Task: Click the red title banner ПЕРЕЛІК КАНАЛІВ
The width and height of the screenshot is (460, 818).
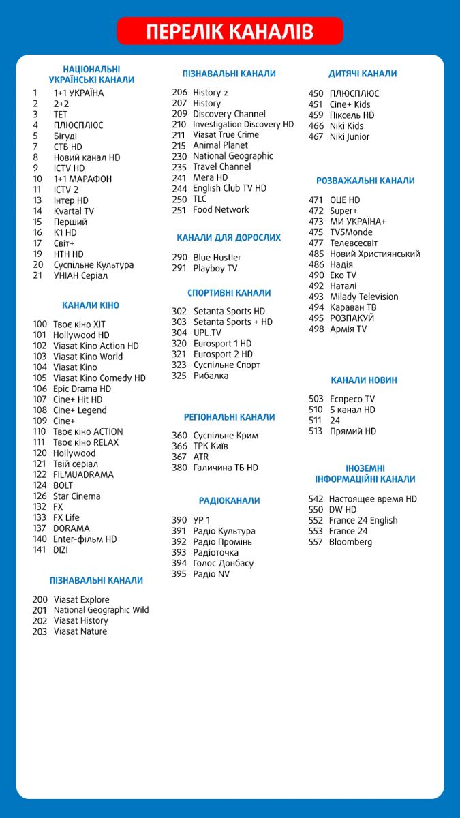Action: click(x=230, y=31)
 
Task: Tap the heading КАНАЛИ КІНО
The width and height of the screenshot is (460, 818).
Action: click(x=91, y=305)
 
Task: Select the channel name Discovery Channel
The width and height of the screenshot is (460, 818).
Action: click(x=229, y=114)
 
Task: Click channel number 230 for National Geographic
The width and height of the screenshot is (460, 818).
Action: click(x=179, y=156)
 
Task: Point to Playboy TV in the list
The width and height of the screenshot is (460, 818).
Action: click(x=215, y=269)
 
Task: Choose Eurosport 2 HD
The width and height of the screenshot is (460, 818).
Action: click(x=223, y=354)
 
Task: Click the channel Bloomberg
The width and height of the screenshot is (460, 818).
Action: click(x=350, y=542)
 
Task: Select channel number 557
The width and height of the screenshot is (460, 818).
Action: click(x=316, y=542)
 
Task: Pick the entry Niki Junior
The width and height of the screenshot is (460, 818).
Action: click(x=350, y=136)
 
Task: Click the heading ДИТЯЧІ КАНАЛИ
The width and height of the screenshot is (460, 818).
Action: click(x=363, y=74)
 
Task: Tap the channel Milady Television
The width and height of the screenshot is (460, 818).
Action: click(x=364, y=297)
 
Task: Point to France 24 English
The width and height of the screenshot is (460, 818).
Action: click(x=363, y=520)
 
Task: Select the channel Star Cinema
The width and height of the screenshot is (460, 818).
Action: click(x=76, y=496)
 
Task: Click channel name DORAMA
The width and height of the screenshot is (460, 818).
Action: click(x=71, y=528)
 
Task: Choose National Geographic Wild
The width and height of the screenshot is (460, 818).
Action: click(x=101, y=610)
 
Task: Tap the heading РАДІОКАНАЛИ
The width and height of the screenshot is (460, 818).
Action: click(x=229, y=501)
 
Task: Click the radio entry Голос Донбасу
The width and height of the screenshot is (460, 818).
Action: click(x=224, y=563)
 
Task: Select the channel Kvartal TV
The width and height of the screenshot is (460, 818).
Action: click(x=74, y=211)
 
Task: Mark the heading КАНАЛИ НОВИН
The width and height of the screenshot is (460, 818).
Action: click(x=364, y=380)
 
